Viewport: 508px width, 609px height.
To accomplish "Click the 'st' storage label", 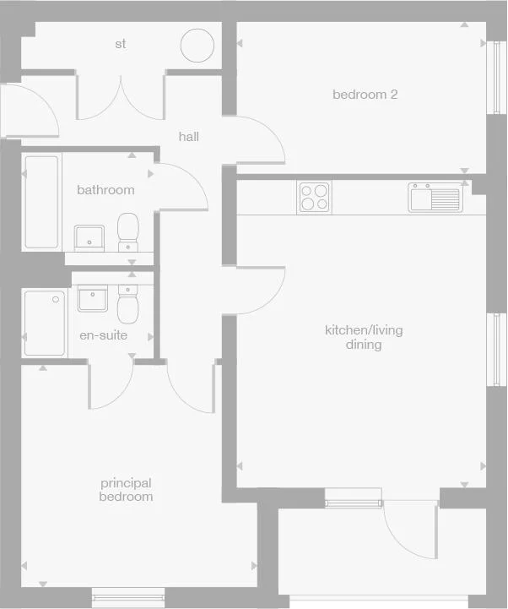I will tap(121, 43).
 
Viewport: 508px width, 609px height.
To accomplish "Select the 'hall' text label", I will tap(189, 136).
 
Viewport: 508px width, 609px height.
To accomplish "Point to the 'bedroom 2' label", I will tap(365, 95).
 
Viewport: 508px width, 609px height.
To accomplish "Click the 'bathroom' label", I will tap(105, 190).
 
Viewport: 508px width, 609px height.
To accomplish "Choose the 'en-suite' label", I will tap(104, 335).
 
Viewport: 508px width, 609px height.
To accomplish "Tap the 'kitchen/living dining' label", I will tap(364, 337).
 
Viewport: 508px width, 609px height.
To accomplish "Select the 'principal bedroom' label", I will tap(127, 490).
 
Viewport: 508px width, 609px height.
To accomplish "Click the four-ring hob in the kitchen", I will tap(314, 198).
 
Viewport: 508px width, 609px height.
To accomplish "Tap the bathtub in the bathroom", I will tap(41, 202).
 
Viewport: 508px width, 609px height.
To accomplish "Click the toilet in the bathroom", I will tap(128, 231).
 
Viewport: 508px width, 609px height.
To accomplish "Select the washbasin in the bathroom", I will tap(89, 237).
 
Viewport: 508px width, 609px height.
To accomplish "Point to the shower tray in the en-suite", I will tap(45, 323).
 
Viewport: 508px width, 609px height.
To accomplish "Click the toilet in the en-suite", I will tap(128, 306).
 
